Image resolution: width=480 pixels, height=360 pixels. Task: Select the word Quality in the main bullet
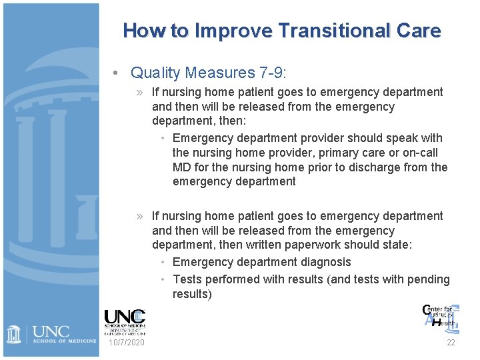pyautogui.click(x=157, y=72)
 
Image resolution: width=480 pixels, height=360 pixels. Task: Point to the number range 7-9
pyautogui.click(x=274, y=72)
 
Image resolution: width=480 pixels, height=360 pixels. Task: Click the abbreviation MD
pyautogui.click(x=181, y=167)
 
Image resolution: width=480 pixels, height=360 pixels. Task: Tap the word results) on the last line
pyautogui.click(x=192, y=294)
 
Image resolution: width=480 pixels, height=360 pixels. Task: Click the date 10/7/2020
pyautogui.click(x=126, y=343)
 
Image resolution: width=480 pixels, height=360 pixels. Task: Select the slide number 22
pyautogui.click(x=451, y=343)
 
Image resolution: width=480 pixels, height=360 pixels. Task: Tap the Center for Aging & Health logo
pyautogui.click(x=439, y=316)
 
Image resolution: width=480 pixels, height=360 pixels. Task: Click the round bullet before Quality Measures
pyautogui.click(x=116, y=72)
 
